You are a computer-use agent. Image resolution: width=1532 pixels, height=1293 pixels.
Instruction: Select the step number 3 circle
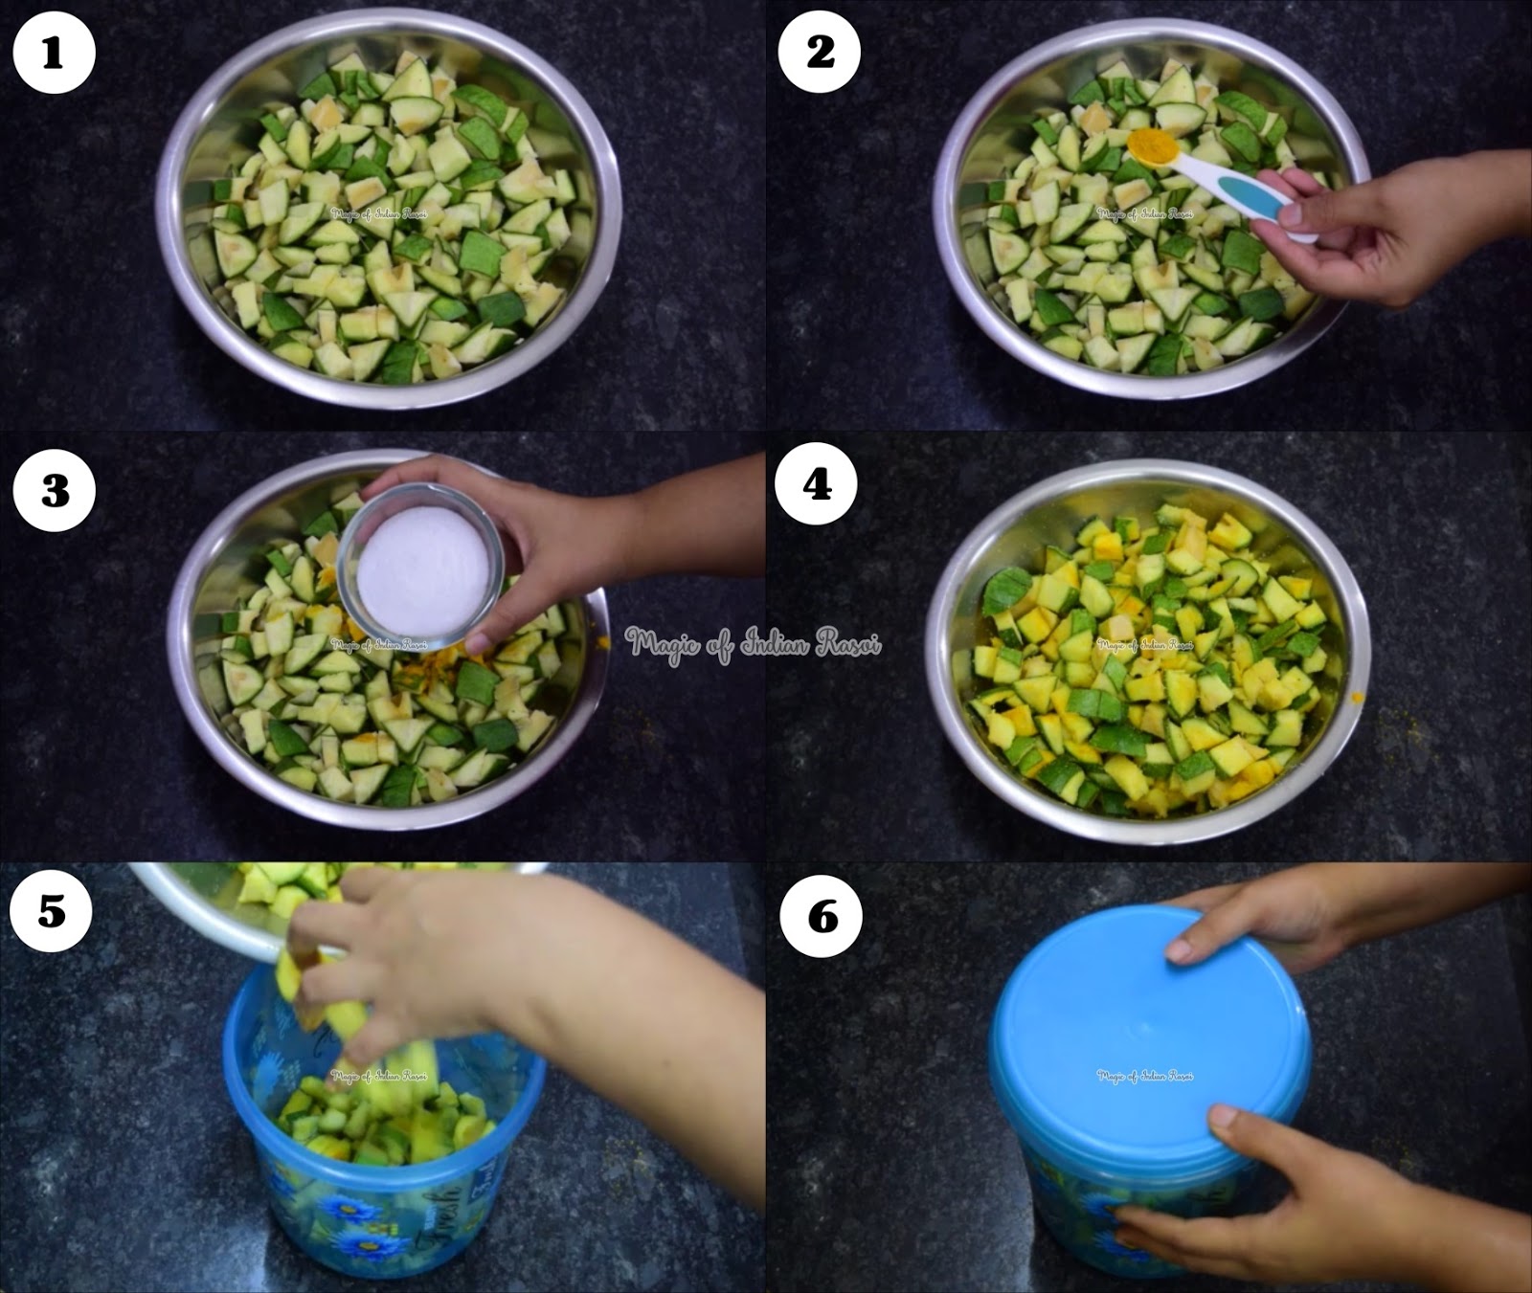pyautogui.click(x=54, y=490)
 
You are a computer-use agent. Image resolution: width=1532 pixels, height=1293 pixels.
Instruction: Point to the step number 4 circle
pyautogui.click(x=817, y=485)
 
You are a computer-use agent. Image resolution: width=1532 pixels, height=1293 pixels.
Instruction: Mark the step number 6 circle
pyautogui.click(x=821, y=917)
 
